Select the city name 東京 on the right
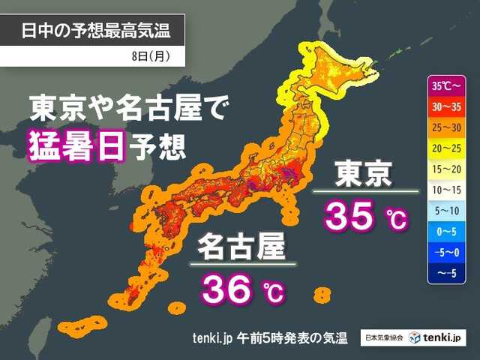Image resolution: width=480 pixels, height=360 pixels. click(362, 174)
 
